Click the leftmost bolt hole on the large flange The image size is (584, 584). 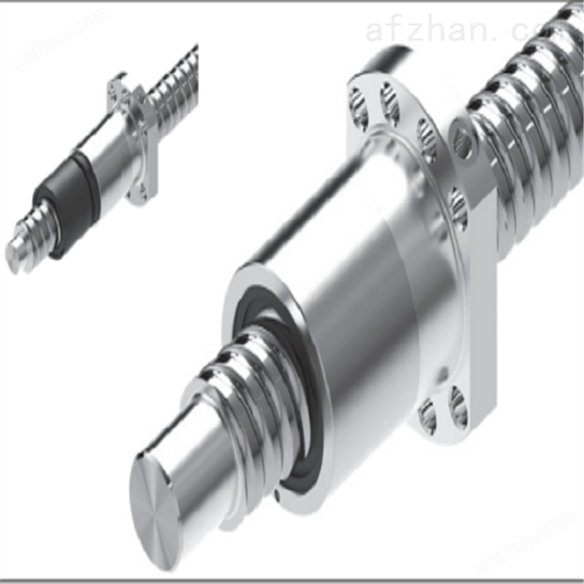point(358,108)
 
